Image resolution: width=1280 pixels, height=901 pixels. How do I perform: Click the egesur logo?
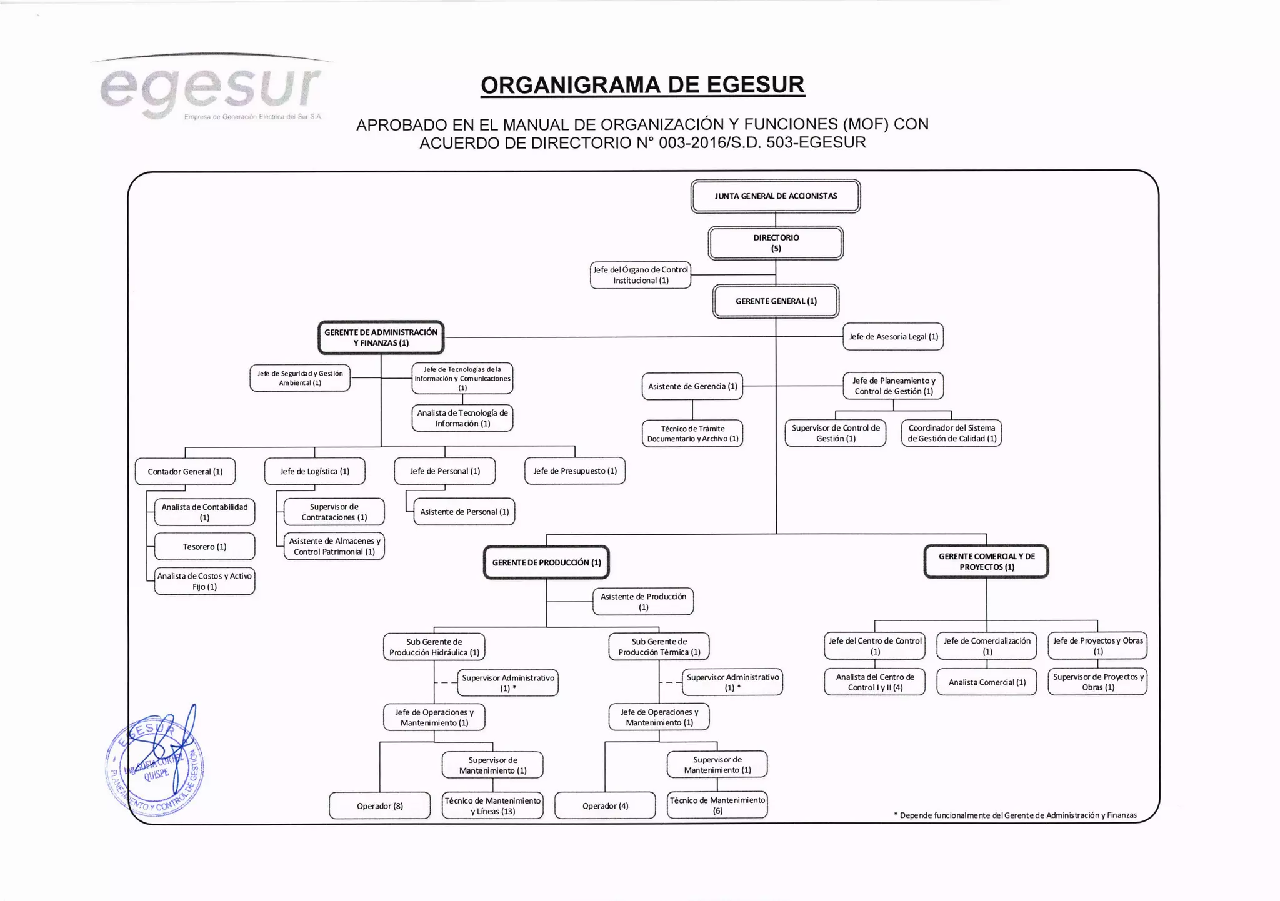point(211,89)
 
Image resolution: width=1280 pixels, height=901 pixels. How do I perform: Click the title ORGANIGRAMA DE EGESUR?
point(642,85)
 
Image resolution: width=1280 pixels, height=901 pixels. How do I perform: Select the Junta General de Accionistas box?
point(776,196)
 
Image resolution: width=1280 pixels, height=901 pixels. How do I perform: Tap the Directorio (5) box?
point(776,243)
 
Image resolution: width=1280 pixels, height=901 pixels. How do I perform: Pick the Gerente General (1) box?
point(776,301)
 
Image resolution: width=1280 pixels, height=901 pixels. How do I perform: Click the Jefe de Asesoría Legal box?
point(893,337)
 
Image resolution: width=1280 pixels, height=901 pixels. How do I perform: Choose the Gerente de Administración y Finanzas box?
point(381,337)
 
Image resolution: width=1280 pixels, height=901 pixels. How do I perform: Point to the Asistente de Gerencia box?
point(692,387)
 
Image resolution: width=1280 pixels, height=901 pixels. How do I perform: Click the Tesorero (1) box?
point(204,547)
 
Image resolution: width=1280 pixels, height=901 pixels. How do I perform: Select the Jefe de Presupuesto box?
point(575,471)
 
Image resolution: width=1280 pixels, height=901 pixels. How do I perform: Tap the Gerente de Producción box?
point(546,563)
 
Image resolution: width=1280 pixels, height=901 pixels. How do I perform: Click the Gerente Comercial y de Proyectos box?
point(986,562)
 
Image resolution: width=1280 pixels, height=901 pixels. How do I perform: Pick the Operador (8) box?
point(380,806)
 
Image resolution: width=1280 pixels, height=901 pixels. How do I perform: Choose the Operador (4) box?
point(605,806)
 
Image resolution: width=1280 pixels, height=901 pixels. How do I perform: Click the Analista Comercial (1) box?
point(987,682)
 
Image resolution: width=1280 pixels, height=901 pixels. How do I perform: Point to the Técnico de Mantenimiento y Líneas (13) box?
point(492,806)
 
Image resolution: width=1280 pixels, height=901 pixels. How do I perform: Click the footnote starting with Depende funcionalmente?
point(1015,815)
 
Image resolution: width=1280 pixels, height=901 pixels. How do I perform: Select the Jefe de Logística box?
point(314,472)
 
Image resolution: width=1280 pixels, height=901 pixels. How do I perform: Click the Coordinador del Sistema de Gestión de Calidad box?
point(951,433)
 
